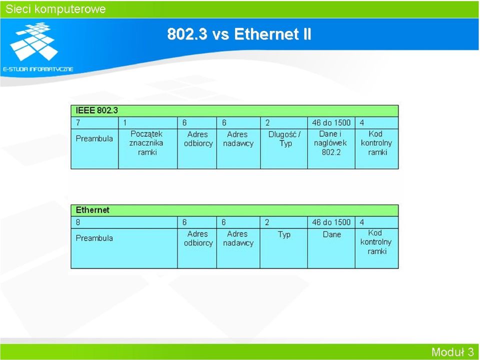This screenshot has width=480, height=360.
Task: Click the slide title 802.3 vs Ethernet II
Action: [x=239, y=33]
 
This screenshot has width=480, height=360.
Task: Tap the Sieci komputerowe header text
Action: [x=55, y=9]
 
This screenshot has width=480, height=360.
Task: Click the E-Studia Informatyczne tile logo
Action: [x=34, y=41]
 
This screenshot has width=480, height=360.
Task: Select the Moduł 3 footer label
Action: [x=452, y=352]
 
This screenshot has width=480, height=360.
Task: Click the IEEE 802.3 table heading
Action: [x=96, y=110]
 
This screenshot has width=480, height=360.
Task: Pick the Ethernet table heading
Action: [x=92, y=210]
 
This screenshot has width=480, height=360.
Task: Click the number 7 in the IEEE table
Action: [x=78, y=123]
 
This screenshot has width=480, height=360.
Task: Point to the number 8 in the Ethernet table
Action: [x=78, y=222]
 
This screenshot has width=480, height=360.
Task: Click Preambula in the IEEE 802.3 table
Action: [x=94, y=138]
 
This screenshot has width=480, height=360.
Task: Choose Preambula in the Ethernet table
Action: [x=94, y=238]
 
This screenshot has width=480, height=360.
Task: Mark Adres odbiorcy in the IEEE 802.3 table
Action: [x=198, y=138]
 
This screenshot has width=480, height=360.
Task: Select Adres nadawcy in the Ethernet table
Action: [x=238, y=238]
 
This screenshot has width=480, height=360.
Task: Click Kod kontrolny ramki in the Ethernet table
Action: [x=376, y=242]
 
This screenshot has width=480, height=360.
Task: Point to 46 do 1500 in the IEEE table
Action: [x=331, y=123]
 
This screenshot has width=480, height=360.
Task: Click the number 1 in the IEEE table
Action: [x=125, y=123]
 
